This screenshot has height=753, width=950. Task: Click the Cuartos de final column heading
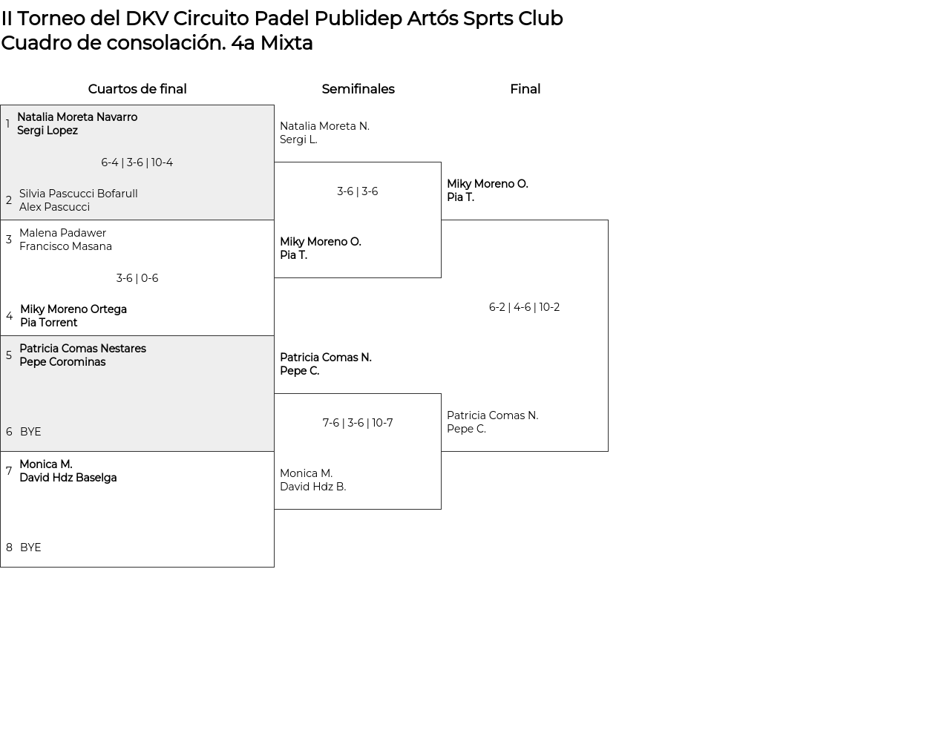click(137, 89)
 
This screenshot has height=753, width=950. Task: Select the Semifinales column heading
click(358, 89)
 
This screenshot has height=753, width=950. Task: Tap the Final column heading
click(525, 89)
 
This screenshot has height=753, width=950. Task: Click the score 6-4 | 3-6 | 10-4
click(137, 162)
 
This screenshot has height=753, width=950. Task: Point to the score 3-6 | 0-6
click(137, 278)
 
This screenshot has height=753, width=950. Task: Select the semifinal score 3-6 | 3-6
click(357, 191)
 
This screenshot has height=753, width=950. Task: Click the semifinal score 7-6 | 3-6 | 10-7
click(357, 423)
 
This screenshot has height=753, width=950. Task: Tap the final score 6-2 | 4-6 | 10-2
click(524, 307)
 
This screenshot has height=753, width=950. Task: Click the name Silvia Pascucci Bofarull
click(78, 194)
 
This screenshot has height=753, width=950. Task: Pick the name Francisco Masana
click(65, 246)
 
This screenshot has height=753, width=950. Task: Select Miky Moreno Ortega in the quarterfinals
click(73, 309)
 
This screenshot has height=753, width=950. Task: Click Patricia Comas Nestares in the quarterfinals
click(82, 349)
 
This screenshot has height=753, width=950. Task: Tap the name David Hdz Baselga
click(68, 478)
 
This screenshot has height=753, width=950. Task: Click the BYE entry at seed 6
click(30, 432)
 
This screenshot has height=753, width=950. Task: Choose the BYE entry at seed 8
click(30, 548)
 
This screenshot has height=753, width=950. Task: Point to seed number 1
click(7, 124)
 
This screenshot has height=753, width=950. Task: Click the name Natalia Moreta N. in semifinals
click(324, 126)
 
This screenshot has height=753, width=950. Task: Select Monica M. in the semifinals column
click(306, 473)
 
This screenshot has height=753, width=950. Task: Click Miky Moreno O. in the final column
click(487, 184)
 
